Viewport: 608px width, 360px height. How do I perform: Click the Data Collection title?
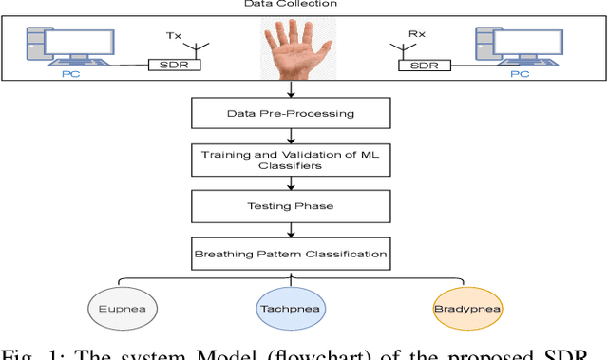tap(304, 5)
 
